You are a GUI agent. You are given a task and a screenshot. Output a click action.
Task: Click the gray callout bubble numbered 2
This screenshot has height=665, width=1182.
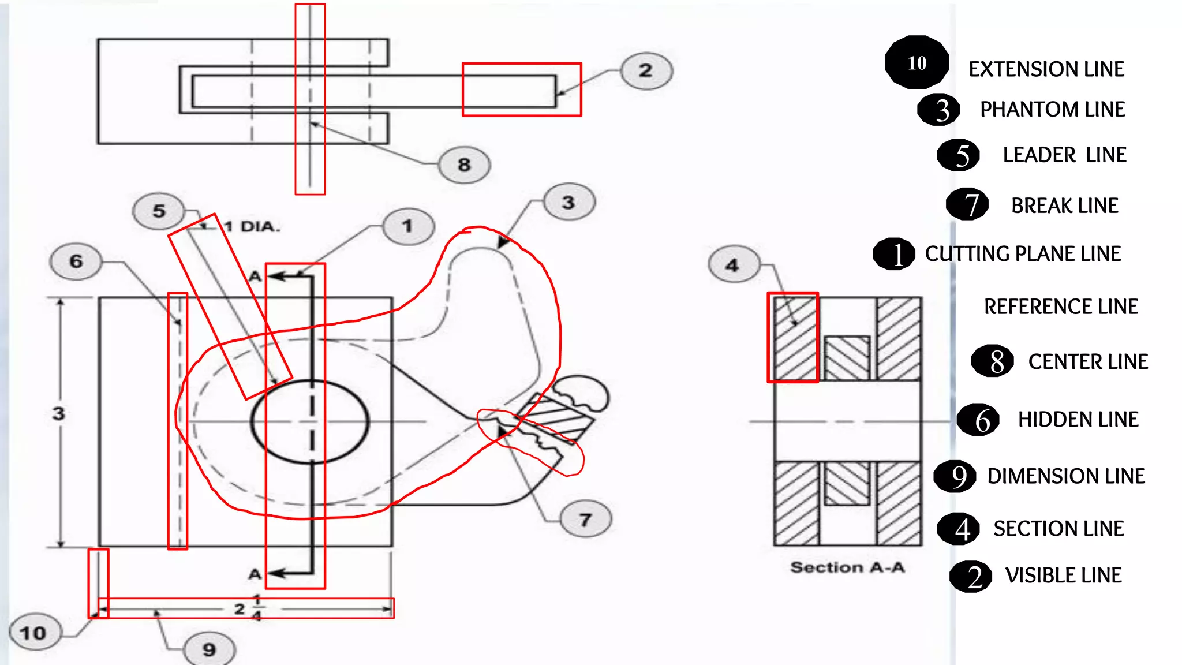[646, 71]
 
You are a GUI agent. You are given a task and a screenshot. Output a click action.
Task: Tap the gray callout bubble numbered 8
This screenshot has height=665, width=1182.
[464, 165]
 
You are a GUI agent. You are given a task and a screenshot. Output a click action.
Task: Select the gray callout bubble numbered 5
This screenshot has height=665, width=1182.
[159, 211]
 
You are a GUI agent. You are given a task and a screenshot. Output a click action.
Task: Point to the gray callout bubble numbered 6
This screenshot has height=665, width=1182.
[76, 261]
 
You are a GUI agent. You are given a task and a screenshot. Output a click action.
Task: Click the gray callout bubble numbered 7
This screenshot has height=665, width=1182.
[586, 520]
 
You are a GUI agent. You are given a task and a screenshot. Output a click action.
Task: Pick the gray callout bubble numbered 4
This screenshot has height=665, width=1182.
[733, 265]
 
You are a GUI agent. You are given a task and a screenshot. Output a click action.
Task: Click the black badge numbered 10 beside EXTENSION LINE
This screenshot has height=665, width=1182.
[917, 62]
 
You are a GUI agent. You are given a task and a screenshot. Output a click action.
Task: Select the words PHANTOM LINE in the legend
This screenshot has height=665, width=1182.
[1052, 109]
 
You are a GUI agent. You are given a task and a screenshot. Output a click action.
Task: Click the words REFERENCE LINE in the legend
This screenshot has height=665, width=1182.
[1061, 307]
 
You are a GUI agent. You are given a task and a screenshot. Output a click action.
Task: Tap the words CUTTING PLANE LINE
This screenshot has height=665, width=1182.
[1023, 253]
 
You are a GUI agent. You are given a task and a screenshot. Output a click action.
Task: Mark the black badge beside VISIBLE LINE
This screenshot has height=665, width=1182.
[971, 576]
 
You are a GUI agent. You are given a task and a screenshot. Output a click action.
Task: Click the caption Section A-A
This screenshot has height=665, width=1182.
[847, 567]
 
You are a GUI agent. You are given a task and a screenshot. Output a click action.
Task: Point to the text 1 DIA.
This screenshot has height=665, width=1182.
[252, 227]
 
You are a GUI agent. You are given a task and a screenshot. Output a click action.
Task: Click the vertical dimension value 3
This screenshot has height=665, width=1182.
[58, 413]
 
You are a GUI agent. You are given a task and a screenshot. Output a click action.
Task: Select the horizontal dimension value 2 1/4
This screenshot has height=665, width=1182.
[248, 608]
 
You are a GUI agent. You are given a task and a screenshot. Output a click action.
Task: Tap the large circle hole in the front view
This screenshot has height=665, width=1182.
[310, 421]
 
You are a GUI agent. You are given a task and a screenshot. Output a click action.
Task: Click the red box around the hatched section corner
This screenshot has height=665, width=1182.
[793, 338]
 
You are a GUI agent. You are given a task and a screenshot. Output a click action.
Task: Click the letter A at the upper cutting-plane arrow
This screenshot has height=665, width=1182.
[255, 277]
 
